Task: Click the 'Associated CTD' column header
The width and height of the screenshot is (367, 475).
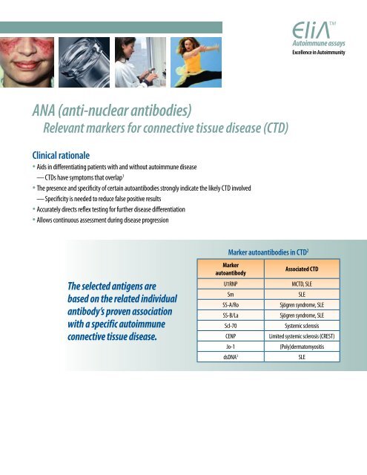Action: click(x=295, y=268)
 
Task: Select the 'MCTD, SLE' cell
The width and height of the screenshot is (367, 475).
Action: click(x=295, y=284)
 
